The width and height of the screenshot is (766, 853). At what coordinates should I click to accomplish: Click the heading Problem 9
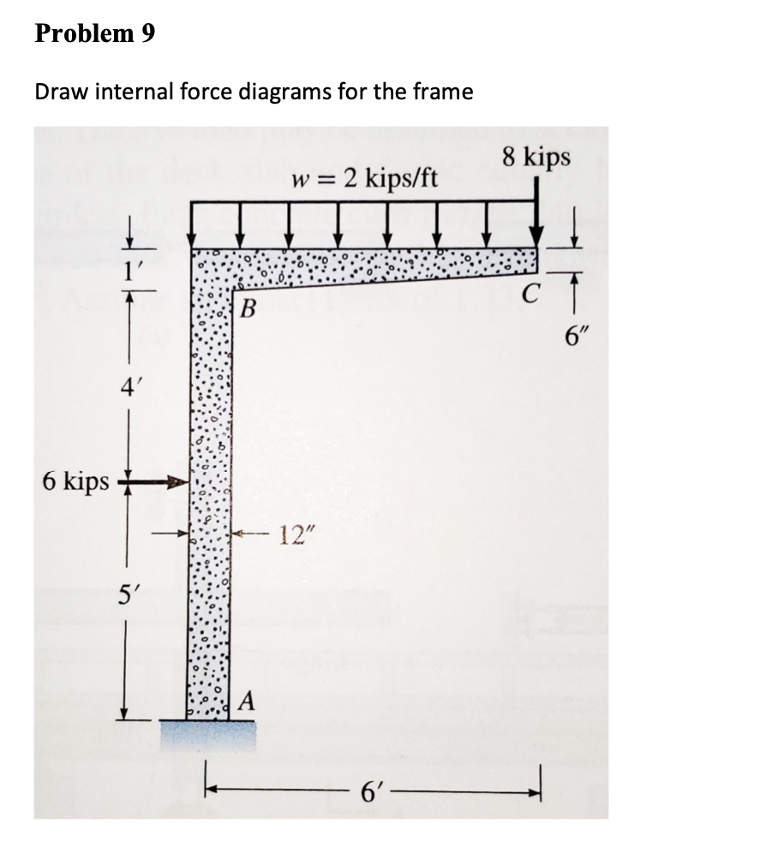tap(95, 35)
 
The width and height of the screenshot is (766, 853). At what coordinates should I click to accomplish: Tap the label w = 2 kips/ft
tap(365, 180)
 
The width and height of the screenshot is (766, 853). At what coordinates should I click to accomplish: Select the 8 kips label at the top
tap(537, 157)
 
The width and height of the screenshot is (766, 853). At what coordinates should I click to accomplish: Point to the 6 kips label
tap(75, 481)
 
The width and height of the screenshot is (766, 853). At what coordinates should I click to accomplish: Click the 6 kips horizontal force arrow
tap(154, 483)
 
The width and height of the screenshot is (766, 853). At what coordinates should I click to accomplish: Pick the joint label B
tap(248, 306)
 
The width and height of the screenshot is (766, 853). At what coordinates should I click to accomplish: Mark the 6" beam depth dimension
tap(576, 335)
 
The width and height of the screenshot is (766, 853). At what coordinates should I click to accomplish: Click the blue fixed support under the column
tap(206, 734)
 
